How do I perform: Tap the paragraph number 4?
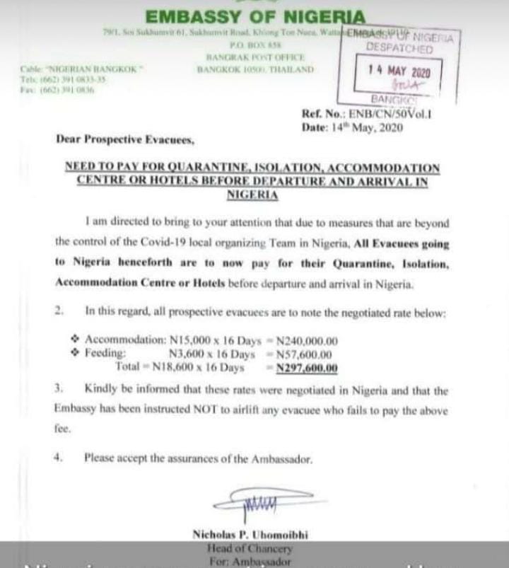coord(59,458)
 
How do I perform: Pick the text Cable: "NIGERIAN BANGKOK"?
coord(83,68)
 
